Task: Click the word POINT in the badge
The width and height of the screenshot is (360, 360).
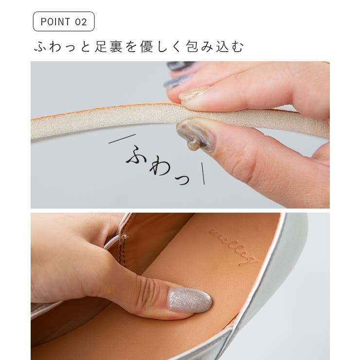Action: [x=55, y=22]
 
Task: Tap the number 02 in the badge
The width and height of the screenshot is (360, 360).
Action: [x=81, y=22]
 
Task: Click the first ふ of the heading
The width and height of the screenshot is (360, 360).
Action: [x=40, y=47]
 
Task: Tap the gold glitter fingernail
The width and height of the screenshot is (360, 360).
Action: [x=195, y=93]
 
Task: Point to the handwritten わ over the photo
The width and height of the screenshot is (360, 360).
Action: [x=160, y=167]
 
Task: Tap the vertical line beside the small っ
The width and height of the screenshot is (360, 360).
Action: [x=202, y=174]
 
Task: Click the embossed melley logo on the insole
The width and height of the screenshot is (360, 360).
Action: [x=234, y=246]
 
